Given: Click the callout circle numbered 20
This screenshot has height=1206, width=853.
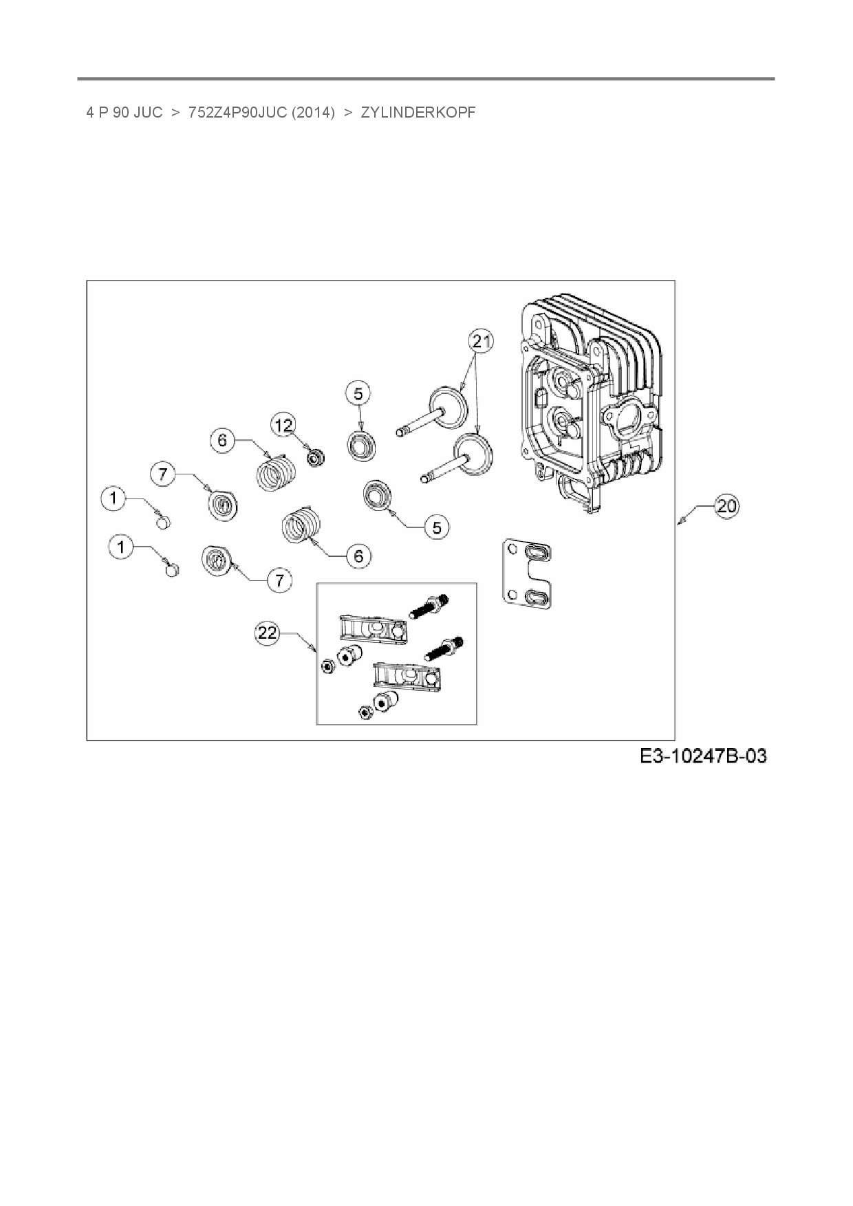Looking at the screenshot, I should (x=726, y=507).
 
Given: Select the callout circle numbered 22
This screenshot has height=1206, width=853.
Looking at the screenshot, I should (x=267, y=633).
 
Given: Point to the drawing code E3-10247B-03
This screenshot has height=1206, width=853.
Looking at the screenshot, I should (x=703, y=756).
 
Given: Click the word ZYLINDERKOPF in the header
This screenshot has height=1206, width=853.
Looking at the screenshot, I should (x=418, y=112).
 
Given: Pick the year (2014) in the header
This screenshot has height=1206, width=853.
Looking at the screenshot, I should (x=313, y=112).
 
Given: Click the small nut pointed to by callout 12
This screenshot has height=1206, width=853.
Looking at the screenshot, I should (x=316, y=456).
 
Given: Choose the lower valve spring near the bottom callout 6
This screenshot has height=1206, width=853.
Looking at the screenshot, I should (x=301, y=527).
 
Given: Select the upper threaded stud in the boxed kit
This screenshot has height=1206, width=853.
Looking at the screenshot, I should (x=429, y=606).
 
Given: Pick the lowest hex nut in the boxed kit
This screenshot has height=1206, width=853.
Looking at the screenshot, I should (x=363, y=712).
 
